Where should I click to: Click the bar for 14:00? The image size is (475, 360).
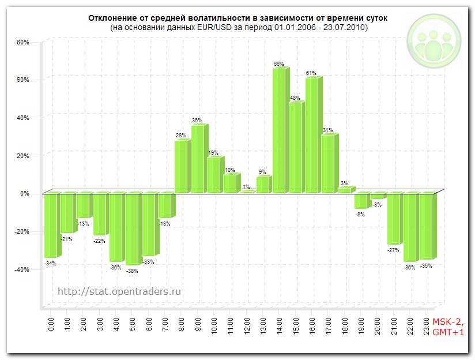[279, 130]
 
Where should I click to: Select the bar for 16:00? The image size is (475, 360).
[312, 135]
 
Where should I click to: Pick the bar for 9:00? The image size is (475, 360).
[198, 159]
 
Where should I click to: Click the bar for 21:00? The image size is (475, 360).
[394, 219]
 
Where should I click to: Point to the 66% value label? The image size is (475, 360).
[278, 64]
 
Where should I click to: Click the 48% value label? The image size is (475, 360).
[295, 98]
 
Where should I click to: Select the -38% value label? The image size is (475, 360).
[132, 271]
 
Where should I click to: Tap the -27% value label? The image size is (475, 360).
[394, 250]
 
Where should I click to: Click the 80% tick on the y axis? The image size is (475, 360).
[23, 42]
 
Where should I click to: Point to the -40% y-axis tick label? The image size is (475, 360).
[22, 269]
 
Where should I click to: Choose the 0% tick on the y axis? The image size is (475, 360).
[24, 194]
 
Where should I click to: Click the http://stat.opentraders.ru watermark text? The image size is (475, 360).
[119, 292]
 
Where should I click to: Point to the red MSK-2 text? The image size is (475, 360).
[447, 322]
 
